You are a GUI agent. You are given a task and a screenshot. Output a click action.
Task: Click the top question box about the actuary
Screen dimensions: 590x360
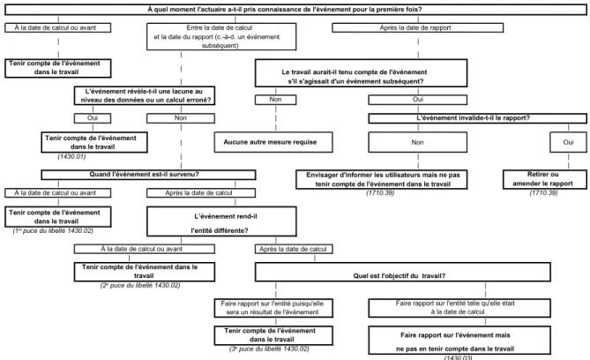[295, 10]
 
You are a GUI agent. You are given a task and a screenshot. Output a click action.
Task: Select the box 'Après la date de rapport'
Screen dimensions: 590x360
[418, 28]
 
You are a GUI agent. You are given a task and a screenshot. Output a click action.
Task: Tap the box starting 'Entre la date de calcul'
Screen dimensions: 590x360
[221, 36]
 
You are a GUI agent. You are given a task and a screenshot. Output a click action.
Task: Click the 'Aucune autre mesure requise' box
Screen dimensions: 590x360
[273, 142]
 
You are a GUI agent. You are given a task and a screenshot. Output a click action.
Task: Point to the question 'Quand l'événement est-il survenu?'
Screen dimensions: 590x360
[148, 175]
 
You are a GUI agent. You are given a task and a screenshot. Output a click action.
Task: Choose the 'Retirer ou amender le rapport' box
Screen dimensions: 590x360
[545, 179]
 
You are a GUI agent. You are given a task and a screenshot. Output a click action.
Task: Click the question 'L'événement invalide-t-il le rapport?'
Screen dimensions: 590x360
[477, 118]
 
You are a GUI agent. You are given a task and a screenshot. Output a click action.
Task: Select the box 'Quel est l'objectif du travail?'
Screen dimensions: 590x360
[403, 272]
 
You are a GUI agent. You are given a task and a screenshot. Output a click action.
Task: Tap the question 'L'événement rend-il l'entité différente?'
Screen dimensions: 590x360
[221, 221]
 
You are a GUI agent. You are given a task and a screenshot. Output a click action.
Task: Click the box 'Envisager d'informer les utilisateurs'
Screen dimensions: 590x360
[382, 179]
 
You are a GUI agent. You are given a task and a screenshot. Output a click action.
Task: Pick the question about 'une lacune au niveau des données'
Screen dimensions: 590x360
[145, 95]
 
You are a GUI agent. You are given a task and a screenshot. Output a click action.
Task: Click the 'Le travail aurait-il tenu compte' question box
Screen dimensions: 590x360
[362, 73]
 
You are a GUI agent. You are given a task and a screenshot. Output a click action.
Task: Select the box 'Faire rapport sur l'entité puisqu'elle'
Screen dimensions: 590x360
[273, 308]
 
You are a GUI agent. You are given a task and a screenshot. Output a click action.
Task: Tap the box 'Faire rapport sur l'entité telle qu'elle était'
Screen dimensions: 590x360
[459, 308]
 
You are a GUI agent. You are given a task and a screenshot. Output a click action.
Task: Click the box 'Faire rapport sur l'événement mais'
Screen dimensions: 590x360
[459, 341]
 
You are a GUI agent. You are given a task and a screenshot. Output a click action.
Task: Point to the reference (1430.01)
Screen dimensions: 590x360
[71, 156]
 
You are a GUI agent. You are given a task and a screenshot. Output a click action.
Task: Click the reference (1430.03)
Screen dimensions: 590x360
[458, 357]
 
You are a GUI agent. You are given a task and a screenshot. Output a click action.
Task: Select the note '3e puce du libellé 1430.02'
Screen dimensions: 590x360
[269, 349]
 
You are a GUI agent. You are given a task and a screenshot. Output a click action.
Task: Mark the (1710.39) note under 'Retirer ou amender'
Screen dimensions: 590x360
[543, 193]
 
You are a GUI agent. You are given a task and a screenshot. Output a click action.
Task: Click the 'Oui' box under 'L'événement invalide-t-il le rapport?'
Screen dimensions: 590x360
[568, 142]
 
